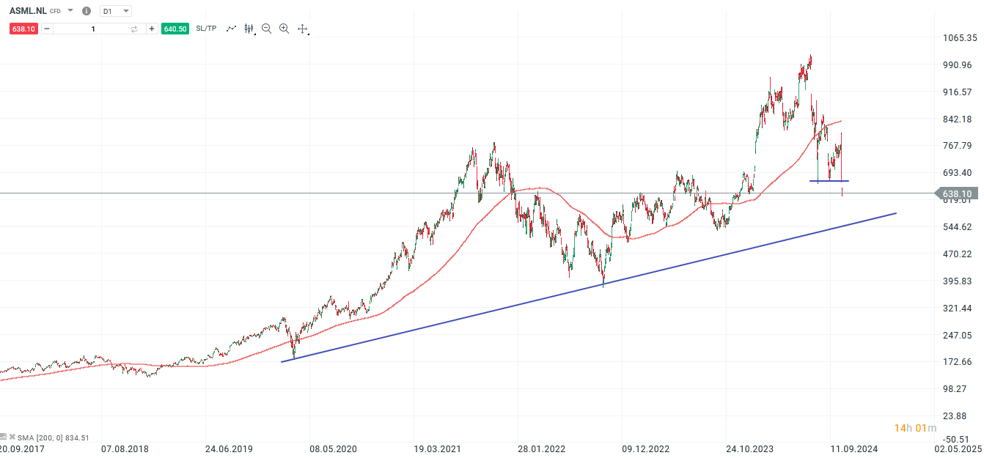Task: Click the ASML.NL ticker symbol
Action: (x=28, y=11)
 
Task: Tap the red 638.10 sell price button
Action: (x=23, y=29)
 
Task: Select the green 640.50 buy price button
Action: (x=175, y=29)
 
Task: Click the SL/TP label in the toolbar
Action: (x=206, y=29)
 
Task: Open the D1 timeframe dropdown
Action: (x=115, y=12)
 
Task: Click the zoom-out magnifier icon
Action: (x=266, y=29)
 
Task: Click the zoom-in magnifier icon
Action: (x=284, y=29)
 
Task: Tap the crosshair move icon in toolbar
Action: (x=302, y=29)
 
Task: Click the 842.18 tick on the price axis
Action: (x=958, y=119)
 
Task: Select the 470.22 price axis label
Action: (x=958, y=254)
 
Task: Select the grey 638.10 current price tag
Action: (x=957, y=193)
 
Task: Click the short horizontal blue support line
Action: (x=829, y=181)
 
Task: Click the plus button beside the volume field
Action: (x=152, y=29)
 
